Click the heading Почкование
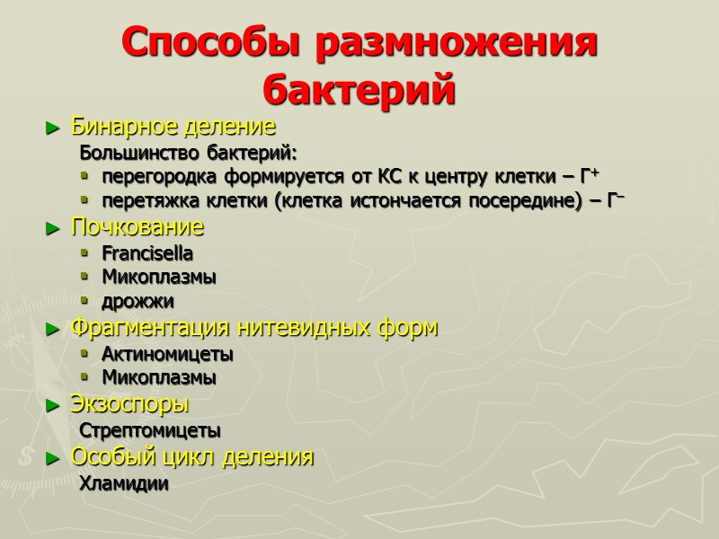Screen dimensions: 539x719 (138, 226)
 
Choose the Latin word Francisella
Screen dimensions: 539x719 (147, 252)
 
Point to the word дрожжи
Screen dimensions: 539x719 (138, 301)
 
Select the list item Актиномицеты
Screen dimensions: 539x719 (167, 353)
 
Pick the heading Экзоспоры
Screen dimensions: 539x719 (129, 404)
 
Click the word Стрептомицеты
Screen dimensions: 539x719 (150, 430)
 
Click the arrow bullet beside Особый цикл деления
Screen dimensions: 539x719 (51, 458)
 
